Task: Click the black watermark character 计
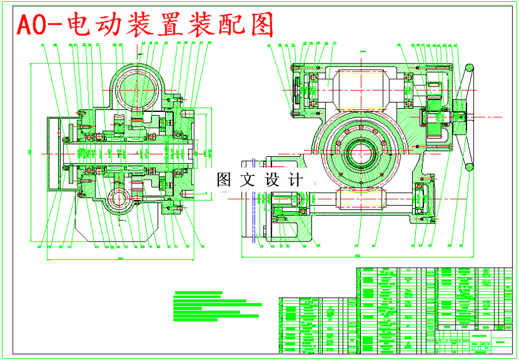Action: tap(294, 180)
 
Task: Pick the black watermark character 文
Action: tap(247, 180)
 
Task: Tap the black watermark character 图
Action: tap(224, 180)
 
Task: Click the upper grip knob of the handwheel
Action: tap(470, 68)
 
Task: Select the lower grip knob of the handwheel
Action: tap(470, 167)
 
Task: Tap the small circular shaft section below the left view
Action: tap(120, 199)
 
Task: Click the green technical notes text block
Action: tap(215, 307)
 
